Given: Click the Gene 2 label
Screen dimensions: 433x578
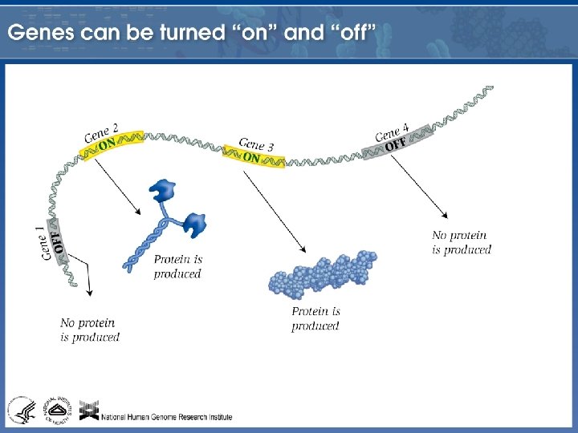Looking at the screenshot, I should [101, 132].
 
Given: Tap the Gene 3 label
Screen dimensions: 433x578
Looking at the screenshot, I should [256, 144].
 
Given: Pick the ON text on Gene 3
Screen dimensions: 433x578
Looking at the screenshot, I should [251, 158].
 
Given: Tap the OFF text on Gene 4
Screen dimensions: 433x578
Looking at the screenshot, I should [395, 145].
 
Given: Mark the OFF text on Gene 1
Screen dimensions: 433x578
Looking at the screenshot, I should [58, 241].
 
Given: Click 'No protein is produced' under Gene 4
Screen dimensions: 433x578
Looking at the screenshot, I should [461, 242].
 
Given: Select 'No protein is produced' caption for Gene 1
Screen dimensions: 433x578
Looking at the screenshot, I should [89, 330].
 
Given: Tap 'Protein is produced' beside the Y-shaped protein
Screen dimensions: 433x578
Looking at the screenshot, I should [177, 266].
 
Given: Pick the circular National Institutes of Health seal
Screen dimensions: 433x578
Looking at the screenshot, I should [57, 410].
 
